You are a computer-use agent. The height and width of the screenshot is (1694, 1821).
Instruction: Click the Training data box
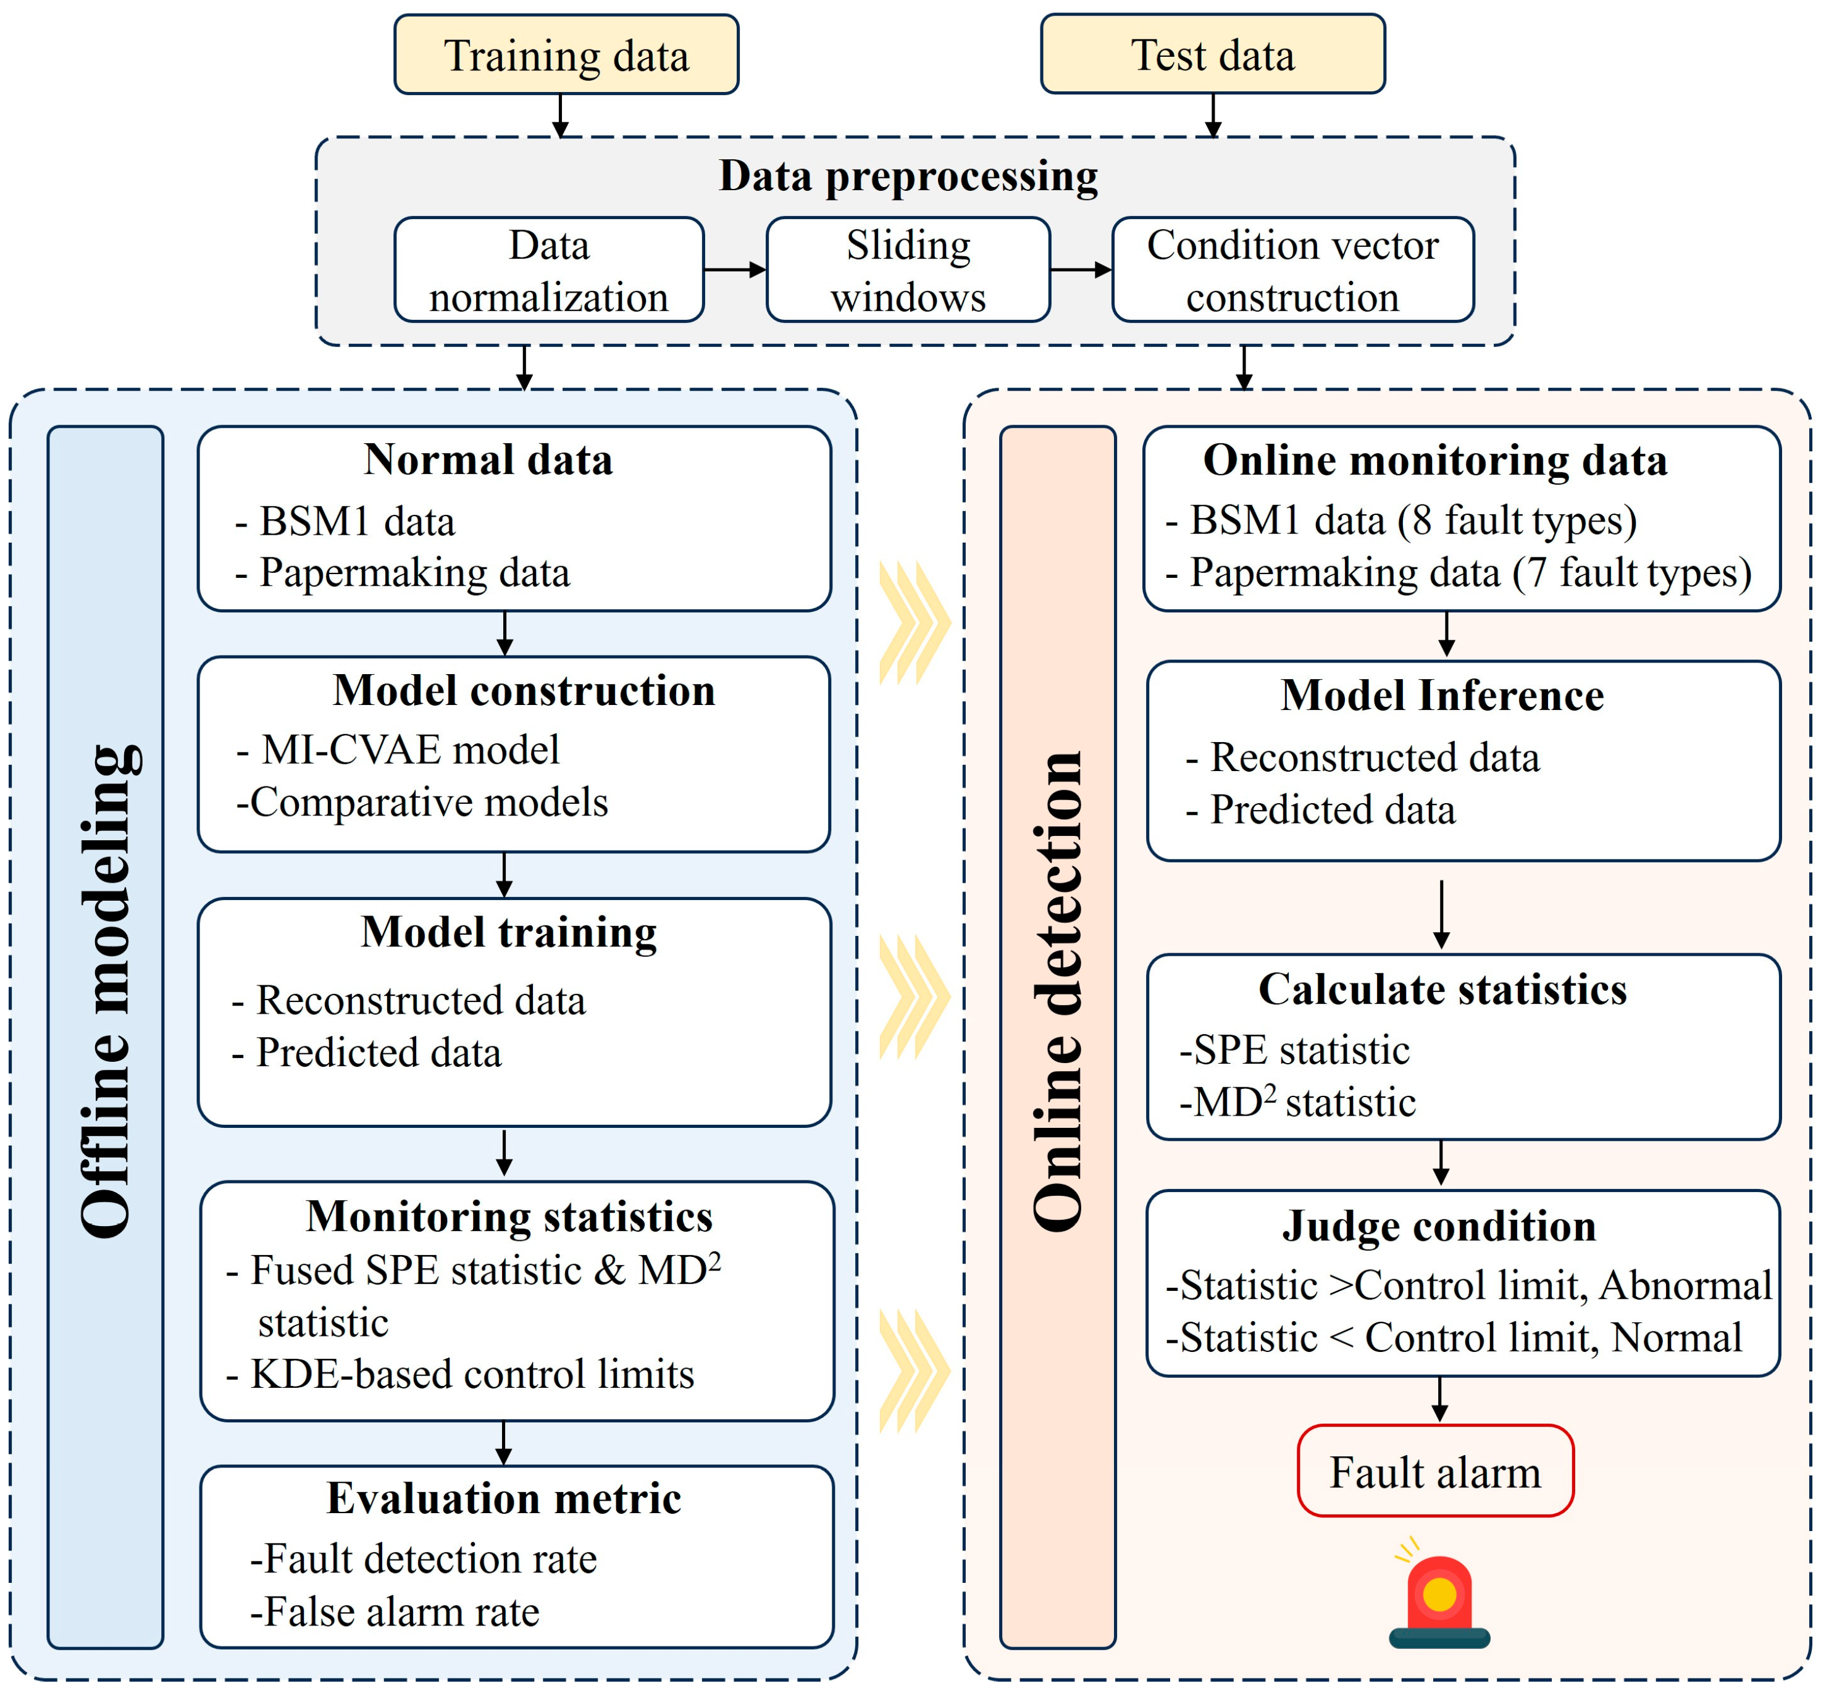tap(566, 54)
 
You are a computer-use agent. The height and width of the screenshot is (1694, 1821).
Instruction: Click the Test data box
tap(1213, 54)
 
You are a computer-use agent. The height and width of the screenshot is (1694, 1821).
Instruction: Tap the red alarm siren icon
tap(1439, 1594)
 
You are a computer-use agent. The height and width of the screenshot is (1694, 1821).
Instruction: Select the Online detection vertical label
tap(1058, 991)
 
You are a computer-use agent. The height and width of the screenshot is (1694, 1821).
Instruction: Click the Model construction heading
tap(524, 690)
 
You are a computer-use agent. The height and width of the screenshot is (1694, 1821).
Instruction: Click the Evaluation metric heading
tap(504, 1498)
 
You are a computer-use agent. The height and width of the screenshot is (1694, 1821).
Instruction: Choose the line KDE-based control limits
tap(472, 1374)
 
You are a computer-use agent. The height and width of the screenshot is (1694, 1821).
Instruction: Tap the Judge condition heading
tap(1439, 1226)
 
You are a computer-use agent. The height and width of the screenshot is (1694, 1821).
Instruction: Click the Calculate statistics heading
tap(1442, 989)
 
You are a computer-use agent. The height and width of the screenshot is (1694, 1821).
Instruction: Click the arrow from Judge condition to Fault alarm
tap(1440, 1400)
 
